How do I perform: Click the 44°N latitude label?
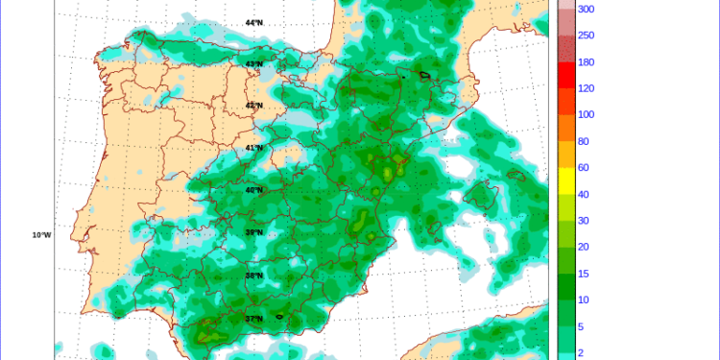[253, 22]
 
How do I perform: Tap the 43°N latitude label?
[253, 64]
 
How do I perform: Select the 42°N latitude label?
[253, 106]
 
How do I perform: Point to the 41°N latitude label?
[253, 148]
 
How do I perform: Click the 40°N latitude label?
[253, 190]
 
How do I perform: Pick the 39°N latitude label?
[253, 232]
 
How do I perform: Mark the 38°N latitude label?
[253, 275]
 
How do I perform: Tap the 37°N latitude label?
[253, 318]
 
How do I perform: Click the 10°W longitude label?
[41, 234]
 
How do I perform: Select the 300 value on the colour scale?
[585, 9]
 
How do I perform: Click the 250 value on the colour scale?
[585, 36]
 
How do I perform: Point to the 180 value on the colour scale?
[585, 62]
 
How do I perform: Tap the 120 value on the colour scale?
[585, 88]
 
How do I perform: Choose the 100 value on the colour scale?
[585, 115]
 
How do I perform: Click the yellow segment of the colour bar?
[566, 180]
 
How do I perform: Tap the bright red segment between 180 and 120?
[566, 75]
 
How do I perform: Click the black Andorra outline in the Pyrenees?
[423, 74]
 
